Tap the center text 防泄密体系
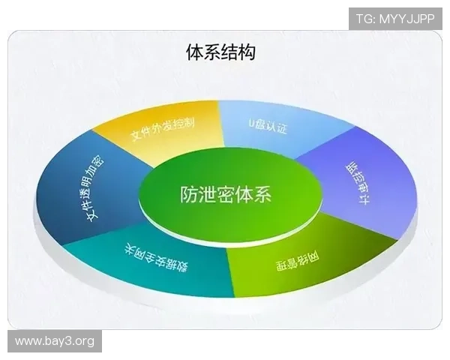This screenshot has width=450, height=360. pyautogui.click(x=225, y=194)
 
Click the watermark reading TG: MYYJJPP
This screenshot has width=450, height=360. pyautogui.click(x=395, y=17)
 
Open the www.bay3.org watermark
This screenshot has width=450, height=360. pyautogui.click(x=54, y=342)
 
